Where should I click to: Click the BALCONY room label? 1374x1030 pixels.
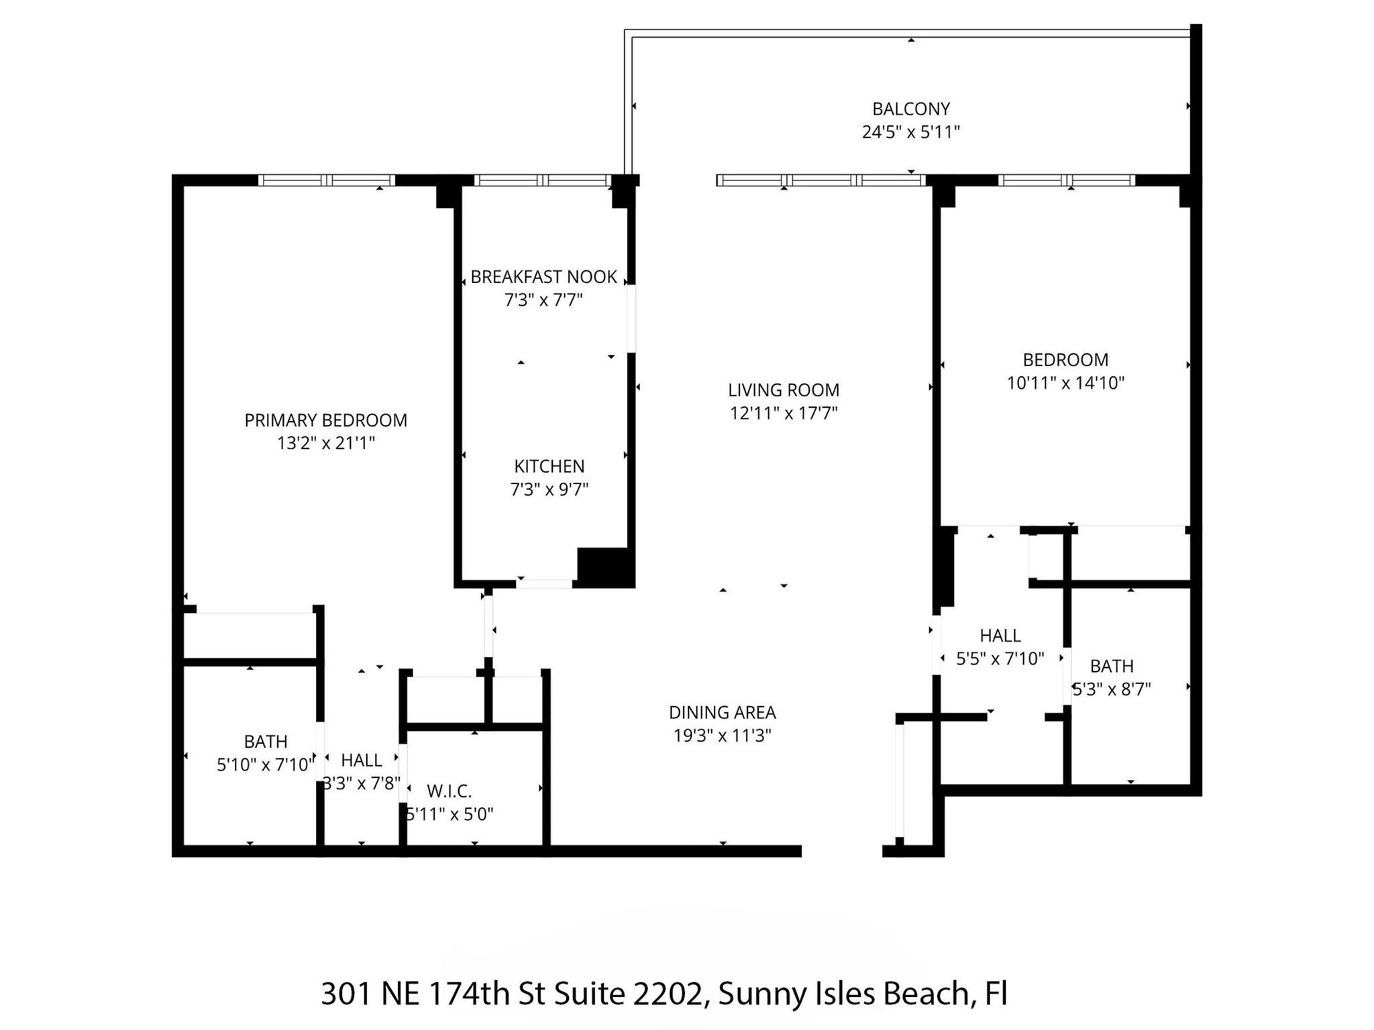910,109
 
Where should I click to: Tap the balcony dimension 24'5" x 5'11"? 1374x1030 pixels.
910,132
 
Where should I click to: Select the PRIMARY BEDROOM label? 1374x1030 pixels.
325,420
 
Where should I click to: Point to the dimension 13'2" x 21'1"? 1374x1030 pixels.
325,443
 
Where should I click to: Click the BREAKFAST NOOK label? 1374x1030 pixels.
543,277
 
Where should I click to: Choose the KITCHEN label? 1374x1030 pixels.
549,466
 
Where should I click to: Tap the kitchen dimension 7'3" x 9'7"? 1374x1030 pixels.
549,490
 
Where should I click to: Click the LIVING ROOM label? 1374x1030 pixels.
783,390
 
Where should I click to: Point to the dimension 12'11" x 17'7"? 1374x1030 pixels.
783,413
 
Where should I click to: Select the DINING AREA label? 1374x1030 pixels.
722,712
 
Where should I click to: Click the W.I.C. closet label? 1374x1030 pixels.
449,791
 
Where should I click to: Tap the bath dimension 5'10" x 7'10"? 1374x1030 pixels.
265,764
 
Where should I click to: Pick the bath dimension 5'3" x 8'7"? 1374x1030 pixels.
1112,689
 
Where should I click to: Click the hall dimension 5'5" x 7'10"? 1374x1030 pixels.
1000,659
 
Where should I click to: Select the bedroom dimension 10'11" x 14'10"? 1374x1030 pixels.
1065,383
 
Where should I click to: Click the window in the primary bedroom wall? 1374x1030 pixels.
326,180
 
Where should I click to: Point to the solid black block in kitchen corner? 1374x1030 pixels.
605,567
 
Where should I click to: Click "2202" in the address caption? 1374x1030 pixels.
668,994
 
